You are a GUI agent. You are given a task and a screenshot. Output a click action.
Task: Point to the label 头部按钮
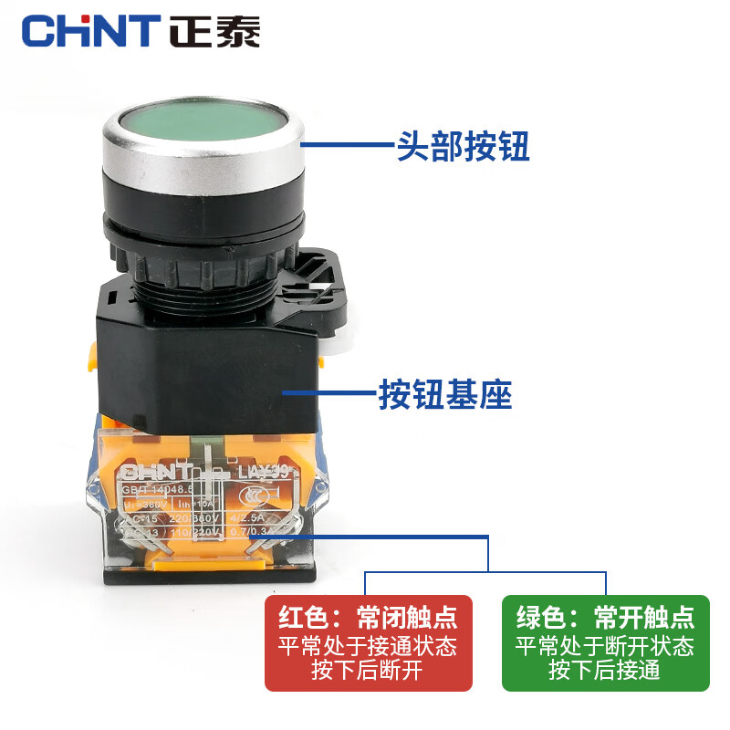pyautogui.click(x=463, y=145)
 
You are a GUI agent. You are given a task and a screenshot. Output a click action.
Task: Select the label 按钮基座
pyautogui.click(x=445, y=395)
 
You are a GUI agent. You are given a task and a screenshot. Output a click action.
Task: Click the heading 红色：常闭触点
pyautogui.click(x=368, y=618)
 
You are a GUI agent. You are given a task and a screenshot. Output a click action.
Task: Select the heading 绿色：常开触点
pyautogui.click(x=605, y=618)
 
